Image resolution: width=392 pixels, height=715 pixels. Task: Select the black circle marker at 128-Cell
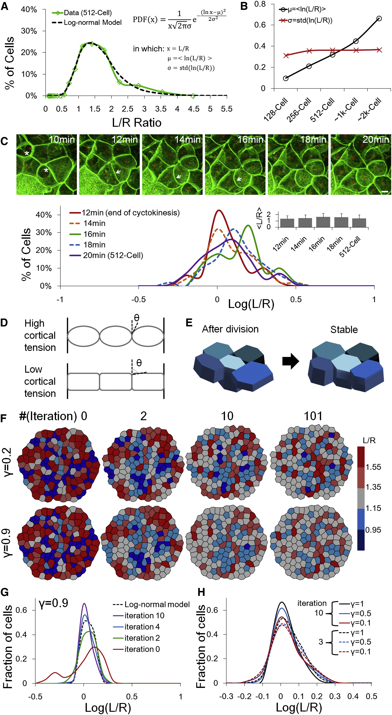coord(286,78)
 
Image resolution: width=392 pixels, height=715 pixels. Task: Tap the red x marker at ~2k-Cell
coord(379,50)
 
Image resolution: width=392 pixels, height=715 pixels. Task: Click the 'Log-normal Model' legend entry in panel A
coord(93,22)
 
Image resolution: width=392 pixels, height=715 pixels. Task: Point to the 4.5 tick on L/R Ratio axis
coord(193,109)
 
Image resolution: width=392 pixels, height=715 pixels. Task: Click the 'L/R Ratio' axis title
coord(137,123)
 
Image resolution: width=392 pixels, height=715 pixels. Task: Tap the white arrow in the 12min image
coord(118,172)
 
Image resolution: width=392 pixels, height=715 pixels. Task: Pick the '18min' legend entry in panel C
coord(94,245)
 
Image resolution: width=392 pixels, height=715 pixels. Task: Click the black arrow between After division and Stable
coord(291,362)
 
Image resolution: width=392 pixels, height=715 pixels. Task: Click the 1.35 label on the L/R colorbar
coord(373,487)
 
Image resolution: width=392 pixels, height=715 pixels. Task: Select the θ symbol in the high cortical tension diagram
coord(136,318)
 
